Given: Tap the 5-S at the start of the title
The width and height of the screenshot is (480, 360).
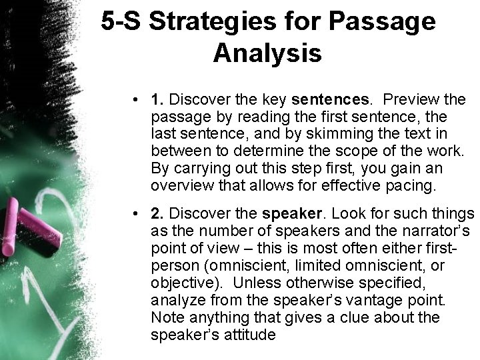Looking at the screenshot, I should click(x=123, y=23).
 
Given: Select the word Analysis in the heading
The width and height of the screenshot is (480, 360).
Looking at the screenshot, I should click(x=268, y=53).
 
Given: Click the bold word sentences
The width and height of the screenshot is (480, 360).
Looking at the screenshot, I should click(x=330, y=100).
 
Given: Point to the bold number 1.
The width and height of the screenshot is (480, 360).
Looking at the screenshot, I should click(x=158, y=100).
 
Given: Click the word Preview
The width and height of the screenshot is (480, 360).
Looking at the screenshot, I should click(x=411, y=100).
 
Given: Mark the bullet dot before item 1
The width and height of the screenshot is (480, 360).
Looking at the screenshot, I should click(x=136, y=101).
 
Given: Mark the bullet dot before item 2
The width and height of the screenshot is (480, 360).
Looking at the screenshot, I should click(x=136, y=214).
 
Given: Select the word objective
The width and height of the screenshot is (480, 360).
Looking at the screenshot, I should click(x=179, y=283).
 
